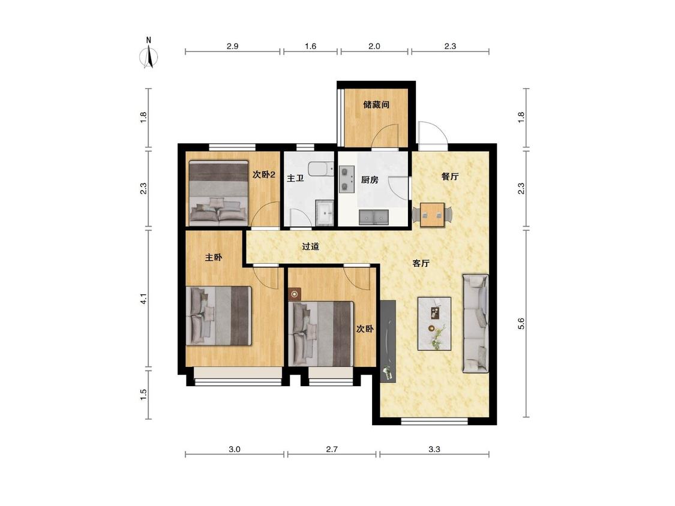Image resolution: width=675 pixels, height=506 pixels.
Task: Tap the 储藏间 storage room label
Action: click(x=376, y=104)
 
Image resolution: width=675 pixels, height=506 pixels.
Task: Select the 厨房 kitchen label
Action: click(x=370, y=179)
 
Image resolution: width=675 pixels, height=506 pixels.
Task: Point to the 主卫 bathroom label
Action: click(x=295, y=177)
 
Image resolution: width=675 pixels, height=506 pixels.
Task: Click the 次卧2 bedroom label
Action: click(x=264, y=174)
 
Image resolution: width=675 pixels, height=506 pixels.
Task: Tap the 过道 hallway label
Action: click(x=310, y=246)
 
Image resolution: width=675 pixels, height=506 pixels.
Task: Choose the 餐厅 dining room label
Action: click(x=450, y=176)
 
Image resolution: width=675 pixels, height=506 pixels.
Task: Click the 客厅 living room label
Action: click(x=421, y=263)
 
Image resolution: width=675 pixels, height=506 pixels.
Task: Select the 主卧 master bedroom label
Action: click(x=214, y=257)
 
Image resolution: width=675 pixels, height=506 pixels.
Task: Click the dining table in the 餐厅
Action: click(x=432, y=214)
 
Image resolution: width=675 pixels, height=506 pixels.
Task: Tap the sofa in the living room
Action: click(x=475, y=323)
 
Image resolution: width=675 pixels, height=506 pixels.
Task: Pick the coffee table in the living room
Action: click(x=434, y=324)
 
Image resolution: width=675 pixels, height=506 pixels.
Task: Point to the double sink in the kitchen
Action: click(x=374, y=217)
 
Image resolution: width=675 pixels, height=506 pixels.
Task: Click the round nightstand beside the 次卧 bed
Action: click(x=295, y=294)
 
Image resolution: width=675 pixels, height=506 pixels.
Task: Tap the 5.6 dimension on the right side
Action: click(x=521, y=324)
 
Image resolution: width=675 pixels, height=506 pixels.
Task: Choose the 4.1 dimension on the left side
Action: click(x=144, y=299)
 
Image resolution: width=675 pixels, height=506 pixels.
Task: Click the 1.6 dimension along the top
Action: click(x=310, y=46)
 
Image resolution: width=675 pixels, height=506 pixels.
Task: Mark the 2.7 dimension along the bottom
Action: click(x=331, y=449)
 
